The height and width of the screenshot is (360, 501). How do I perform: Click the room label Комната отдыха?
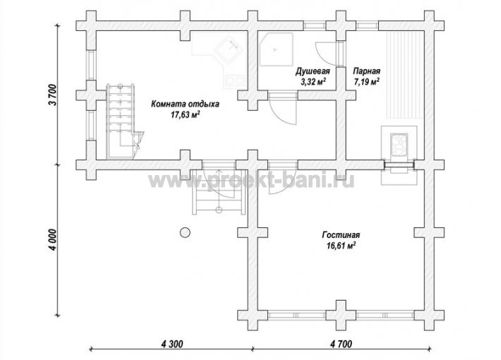click(185, 104)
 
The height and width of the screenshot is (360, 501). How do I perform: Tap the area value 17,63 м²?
click(186, 115)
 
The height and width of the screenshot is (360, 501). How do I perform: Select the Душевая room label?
click(312, 71)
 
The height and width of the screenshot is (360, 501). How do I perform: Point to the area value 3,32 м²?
click(313, 82)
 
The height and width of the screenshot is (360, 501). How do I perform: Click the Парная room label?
click(366, 71)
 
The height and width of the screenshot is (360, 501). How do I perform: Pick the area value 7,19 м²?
click(366, 82)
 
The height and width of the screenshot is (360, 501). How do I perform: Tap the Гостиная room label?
click(341, 235)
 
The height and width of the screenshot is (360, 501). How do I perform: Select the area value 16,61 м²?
click(342, 246)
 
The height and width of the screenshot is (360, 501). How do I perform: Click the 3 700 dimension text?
click(53, 95)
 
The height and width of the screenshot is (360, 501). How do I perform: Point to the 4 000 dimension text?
click(53, 240)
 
